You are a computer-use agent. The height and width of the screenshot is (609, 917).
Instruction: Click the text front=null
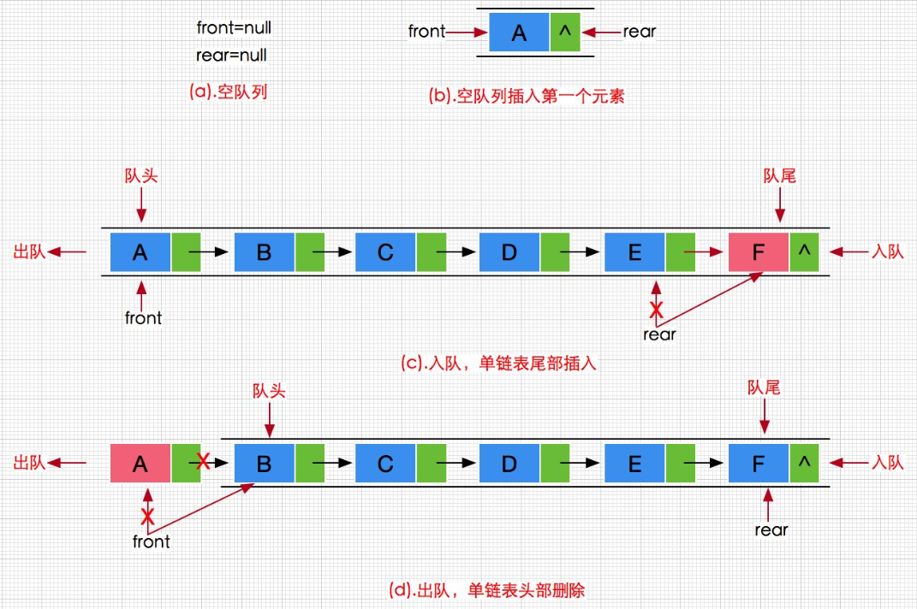point(234,27)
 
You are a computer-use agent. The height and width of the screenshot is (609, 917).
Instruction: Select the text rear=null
point(231,56)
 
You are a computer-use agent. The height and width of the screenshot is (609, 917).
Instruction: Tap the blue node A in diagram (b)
point(519,33)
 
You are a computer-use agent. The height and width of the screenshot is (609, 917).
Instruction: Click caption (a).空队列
point(229,92)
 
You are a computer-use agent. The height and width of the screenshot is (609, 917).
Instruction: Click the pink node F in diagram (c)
point(759,252)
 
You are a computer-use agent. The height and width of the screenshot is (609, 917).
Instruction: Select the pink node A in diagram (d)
point(140,464)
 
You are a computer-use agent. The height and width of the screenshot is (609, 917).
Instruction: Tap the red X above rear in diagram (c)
point(656,309)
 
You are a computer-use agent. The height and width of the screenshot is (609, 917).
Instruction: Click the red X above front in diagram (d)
point(147,516)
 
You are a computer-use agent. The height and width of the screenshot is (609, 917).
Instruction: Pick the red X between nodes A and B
point(203,463)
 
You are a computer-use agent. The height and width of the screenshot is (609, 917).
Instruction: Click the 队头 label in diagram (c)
point(141,175)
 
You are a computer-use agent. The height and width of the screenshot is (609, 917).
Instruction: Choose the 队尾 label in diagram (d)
point(764,388)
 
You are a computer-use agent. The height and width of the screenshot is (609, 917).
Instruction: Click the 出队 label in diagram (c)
point(29,252)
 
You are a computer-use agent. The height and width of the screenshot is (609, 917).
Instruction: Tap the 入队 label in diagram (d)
point(887,463)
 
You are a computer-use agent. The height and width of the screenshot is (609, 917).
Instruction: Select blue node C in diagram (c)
point(385,252)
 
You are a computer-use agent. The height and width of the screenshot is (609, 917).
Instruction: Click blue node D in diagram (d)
point(509,464)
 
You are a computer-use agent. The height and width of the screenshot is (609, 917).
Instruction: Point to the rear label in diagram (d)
point(771,530)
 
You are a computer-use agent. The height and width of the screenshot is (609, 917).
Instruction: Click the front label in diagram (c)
point(143,318)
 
